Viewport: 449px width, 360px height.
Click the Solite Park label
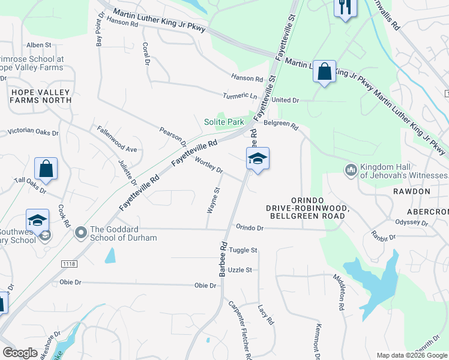[224, 122]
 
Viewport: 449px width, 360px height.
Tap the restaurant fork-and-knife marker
[345, 8]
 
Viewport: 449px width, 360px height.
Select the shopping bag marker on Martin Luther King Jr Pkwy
[324, 73]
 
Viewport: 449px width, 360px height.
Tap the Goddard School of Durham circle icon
[80, 232]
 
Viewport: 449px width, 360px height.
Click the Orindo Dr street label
[250, 228]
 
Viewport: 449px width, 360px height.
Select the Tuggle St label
[243, 250]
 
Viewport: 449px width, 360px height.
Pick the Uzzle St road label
[240, 270]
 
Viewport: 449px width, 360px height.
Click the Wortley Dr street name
[209, 165]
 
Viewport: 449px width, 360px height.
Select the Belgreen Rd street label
[281, 125]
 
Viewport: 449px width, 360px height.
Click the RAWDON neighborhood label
[412, 191]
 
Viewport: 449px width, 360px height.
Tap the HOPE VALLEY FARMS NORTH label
[40, 96]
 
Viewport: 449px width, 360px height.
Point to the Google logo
[20, 353]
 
